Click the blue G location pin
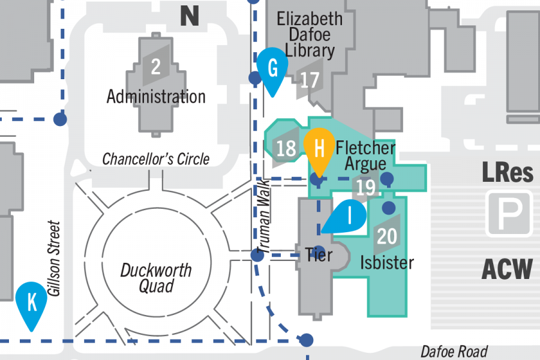coord(273,70)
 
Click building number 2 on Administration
coord(156,66)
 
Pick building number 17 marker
coord(310,79)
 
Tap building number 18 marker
coord(286,147)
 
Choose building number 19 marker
coord(365,187)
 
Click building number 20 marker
coord(387,236)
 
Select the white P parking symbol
coord(509,212)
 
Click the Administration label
coord(156,96)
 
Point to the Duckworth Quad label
coord(156,278)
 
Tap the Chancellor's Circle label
coord(156,159)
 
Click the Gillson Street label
coord(55,258)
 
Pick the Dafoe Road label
coord(454,352)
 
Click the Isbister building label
coord(388,262)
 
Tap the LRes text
coord(508,173)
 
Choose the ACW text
coord(507,269)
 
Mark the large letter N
coord(190,16)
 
